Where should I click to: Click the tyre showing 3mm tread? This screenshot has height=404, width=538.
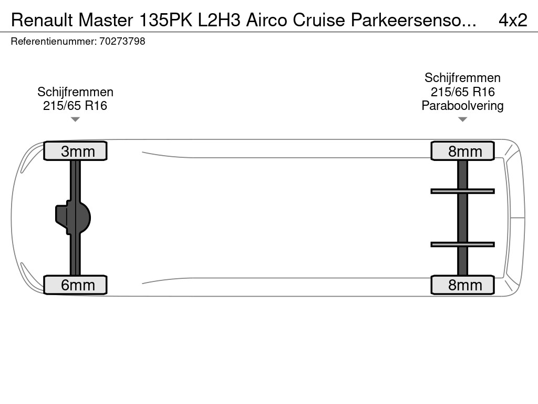click(75, 151)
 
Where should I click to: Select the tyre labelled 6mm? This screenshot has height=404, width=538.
click(75, 285)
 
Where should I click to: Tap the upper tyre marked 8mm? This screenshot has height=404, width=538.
click(462, 151)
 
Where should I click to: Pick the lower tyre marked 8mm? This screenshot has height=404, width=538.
click(462, 285)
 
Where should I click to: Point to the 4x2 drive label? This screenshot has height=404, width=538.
click(512, 20)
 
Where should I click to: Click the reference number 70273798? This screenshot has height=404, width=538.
click(122, 42)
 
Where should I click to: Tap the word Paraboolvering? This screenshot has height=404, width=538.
click(462, 106)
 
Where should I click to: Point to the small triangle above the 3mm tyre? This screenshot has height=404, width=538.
click(75, 119)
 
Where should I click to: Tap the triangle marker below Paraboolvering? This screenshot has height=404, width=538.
click(462, 119)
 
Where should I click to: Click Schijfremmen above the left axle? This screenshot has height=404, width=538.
click(75, 92)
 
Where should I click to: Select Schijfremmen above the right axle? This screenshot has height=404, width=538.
click(462, 78)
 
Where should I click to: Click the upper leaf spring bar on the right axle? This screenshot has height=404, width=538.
click(462, 191)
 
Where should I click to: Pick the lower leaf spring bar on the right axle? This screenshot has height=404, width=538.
click(462, 244)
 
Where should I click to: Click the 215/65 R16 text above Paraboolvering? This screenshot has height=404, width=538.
click(462, 92)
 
